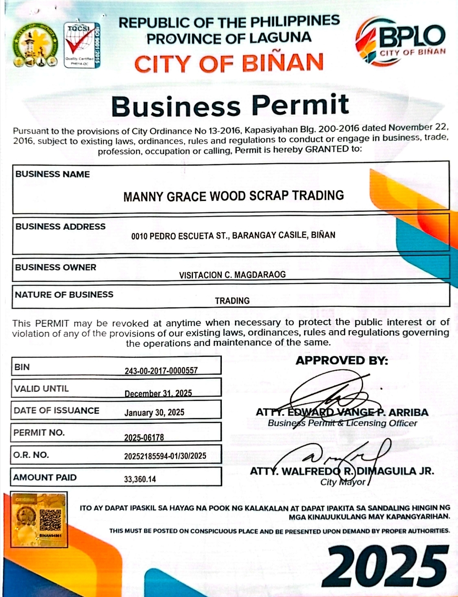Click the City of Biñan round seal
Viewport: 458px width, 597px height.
click(36, 45)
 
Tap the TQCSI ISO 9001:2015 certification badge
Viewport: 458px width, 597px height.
click(82, 45)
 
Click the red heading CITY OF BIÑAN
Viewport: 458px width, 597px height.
click(229, 64)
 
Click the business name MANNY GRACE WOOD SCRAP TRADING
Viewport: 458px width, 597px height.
click(233, 196)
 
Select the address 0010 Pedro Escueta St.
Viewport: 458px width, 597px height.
click(233, 235)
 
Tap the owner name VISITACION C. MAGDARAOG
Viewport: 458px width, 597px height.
click(232, 275)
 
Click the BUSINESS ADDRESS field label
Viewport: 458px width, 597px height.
click(61, 226)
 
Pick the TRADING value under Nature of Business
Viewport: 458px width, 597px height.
click(232, 301)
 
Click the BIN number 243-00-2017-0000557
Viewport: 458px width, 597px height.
click(161, 371)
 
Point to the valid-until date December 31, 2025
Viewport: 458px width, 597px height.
click(158, 393)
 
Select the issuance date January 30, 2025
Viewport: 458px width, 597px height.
click(154, 413)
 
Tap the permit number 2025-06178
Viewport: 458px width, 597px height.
click(144, 437)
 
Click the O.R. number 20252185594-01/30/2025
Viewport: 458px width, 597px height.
click(165, 456)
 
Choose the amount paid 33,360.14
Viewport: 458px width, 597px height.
click(140, 479)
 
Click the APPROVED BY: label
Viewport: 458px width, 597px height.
click(341, 360)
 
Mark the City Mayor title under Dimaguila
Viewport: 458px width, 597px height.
click(343, 482)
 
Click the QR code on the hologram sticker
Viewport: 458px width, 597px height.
click(50, 520)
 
